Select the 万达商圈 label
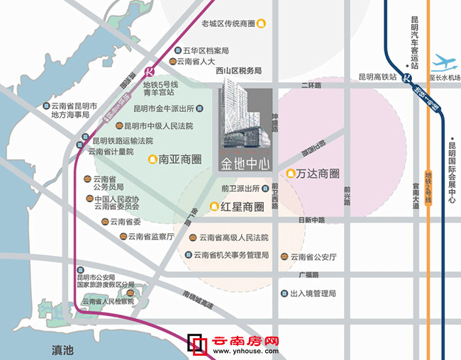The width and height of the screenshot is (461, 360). [318, 174]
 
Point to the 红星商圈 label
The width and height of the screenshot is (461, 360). [242, 207]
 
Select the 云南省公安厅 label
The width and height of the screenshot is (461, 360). [313, 257]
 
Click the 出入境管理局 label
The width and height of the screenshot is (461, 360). [313, 293]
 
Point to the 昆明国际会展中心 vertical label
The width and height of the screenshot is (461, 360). [452, 173]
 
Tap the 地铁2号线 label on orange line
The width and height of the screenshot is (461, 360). [428, 189]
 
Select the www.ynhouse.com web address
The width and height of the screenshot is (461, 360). [246, 351]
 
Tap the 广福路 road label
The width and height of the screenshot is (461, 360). [309, 275]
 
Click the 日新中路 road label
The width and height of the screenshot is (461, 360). [311, 220]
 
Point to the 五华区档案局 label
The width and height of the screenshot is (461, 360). [206, 51]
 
